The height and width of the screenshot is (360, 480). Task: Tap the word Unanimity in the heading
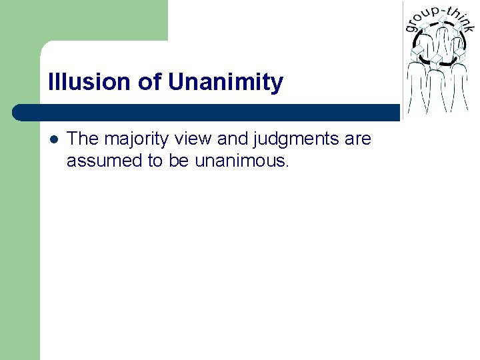(x=226, y=83)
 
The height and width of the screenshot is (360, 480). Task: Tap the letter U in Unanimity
(x=176, y=83)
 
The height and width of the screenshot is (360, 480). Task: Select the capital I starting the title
(x=51, y=83)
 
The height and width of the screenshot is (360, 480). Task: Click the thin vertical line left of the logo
(x=402, y=60)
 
